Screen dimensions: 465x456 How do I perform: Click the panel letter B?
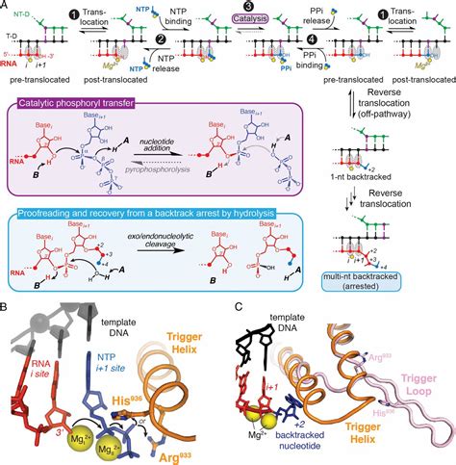click(x=7, y=307)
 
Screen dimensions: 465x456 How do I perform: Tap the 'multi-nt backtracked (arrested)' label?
click(x=398, y=281)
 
